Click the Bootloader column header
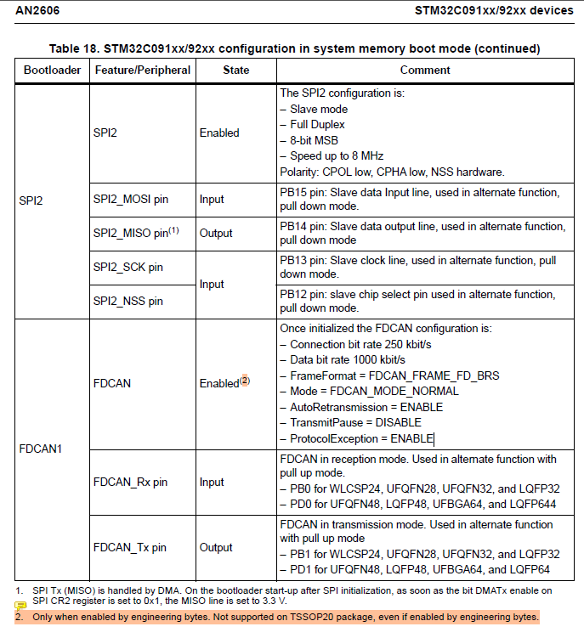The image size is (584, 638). click(51, 70)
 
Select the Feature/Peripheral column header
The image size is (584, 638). click(142, 70)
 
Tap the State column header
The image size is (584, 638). click(235, 70)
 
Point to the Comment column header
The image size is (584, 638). click(424, 70)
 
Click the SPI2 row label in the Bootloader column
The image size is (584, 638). click(31, 200)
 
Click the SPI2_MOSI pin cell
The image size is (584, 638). click(130, 200)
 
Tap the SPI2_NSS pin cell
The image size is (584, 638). click(128, 301)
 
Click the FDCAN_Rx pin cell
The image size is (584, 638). click(130, 482)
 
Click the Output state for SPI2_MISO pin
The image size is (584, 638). click(216, 233)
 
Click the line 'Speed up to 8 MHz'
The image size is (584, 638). click(336, 155)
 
